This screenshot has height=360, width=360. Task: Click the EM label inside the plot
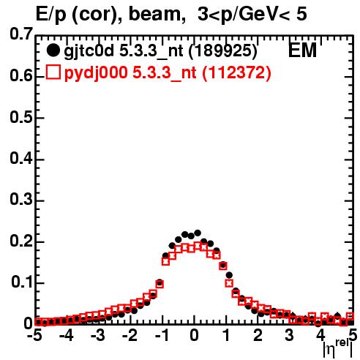[x=302, y=50]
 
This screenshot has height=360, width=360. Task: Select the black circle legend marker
[x=53, y=50]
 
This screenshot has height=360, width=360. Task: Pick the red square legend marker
[x=53, y=72]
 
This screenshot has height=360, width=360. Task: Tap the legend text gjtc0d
[x=89, y=51]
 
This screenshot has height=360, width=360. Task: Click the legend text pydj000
[x=96, y=73]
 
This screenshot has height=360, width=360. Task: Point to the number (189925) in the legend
[x=223, y=51]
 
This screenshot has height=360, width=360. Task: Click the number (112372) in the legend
[x=236, y=72]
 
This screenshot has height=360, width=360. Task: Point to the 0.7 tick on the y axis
[x=21, y=34]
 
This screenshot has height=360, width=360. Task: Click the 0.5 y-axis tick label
[x=21, y=118]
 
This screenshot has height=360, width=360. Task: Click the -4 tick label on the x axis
[x=67, y=336]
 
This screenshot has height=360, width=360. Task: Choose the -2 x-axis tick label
[x=130, y=336]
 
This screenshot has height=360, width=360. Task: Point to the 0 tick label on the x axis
[x=194, y=336]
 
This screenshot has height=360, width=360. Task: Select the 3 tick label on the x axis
[x=289, y=336]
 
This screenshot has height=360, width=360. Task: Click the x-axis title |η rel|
[x=338, y=349]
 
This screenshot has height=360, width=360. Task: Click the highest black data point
[x=198, y=233]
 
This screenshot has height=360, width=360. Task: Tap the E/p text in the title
[x=51, y=15]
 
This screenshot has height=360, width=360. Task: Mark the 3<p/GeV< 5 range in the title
[x=252, y=14]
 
